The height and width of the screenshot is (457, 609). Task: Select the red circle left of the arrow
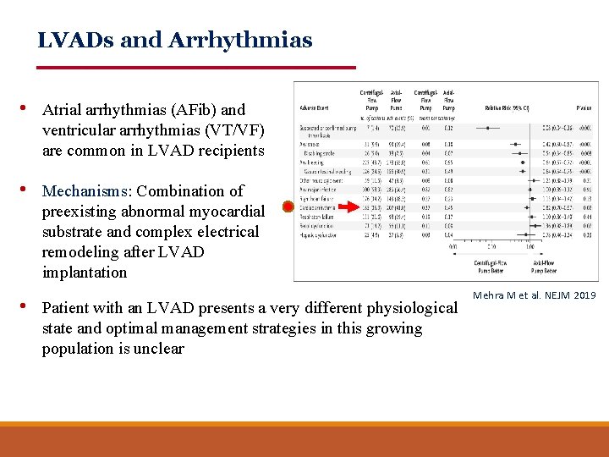(288, 206)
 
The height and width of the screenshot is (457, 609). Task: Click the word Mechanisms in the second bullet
(82, 191)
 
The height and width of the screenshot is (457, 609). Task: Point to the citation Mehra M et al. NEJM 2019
(534, 295)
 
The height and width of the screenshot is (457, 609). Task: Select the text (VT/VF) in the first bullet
(234, 130)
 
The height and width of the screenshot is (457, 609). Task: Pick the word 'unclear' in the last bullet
(155, 349)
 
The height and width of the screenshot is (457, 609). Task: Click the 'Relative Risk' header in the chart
(506, 107)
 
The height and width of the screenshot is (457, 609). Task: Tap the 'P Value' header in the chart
(584, 107)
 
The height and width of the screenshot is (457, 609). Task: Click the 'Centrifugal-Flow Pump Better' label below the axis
(497, 267)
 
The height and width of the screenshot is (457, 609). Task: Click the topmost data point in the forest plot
(488, 128)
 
